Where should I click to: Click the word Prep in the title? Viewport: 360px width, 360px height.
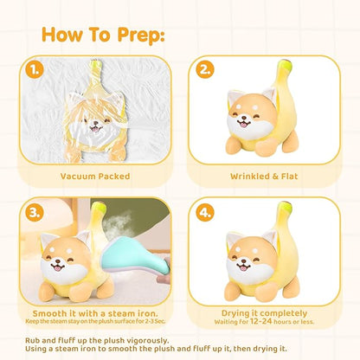pyautogui.click(x=141, y=35)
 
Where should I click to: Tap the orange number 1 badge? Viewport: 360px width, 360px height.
pyautogui.click(x=34, y=70)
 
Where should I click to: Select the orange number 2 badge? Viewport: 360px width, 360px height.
pyautogui.click(x=205, y=69)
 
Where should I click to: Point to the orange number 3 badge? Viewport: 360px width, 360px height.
pyautogui.click(x=35, y=213)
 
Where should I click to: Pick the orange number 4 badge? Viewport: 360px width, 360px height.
pyautogui.click(x=205, y=213)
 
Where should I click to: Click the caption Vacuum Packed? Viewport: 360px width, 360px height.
pyautogui.click(x=95, y=177)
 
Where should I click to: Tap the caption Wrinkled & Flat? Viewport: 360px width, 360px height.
pyautogui.click(x=264, y=177)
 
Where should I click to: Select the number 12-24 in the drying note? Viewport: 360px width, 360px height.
pyautogui.click(x=261, y=321)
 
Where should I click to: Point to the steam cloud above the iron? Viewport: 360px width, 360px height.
pyautogui.click(x=118, y=222)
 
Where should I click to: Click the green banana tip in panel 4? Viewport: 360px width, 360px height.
pyautogui.click(x=286, y=208)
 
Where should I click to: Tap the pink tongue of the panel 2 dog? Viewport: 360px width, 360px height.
pyautogui.click(x=244, y=125)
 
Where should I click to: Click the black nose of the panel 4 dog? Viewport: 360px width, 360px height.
pyautogui.click(x=244, y=260)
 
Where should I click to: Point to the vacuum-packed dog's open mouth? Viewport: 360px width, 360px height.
pyautogui.click(x=94, y=128)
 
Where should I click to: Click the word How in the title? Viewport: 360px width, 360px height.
pyautogui.click(x=61, y=35)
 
